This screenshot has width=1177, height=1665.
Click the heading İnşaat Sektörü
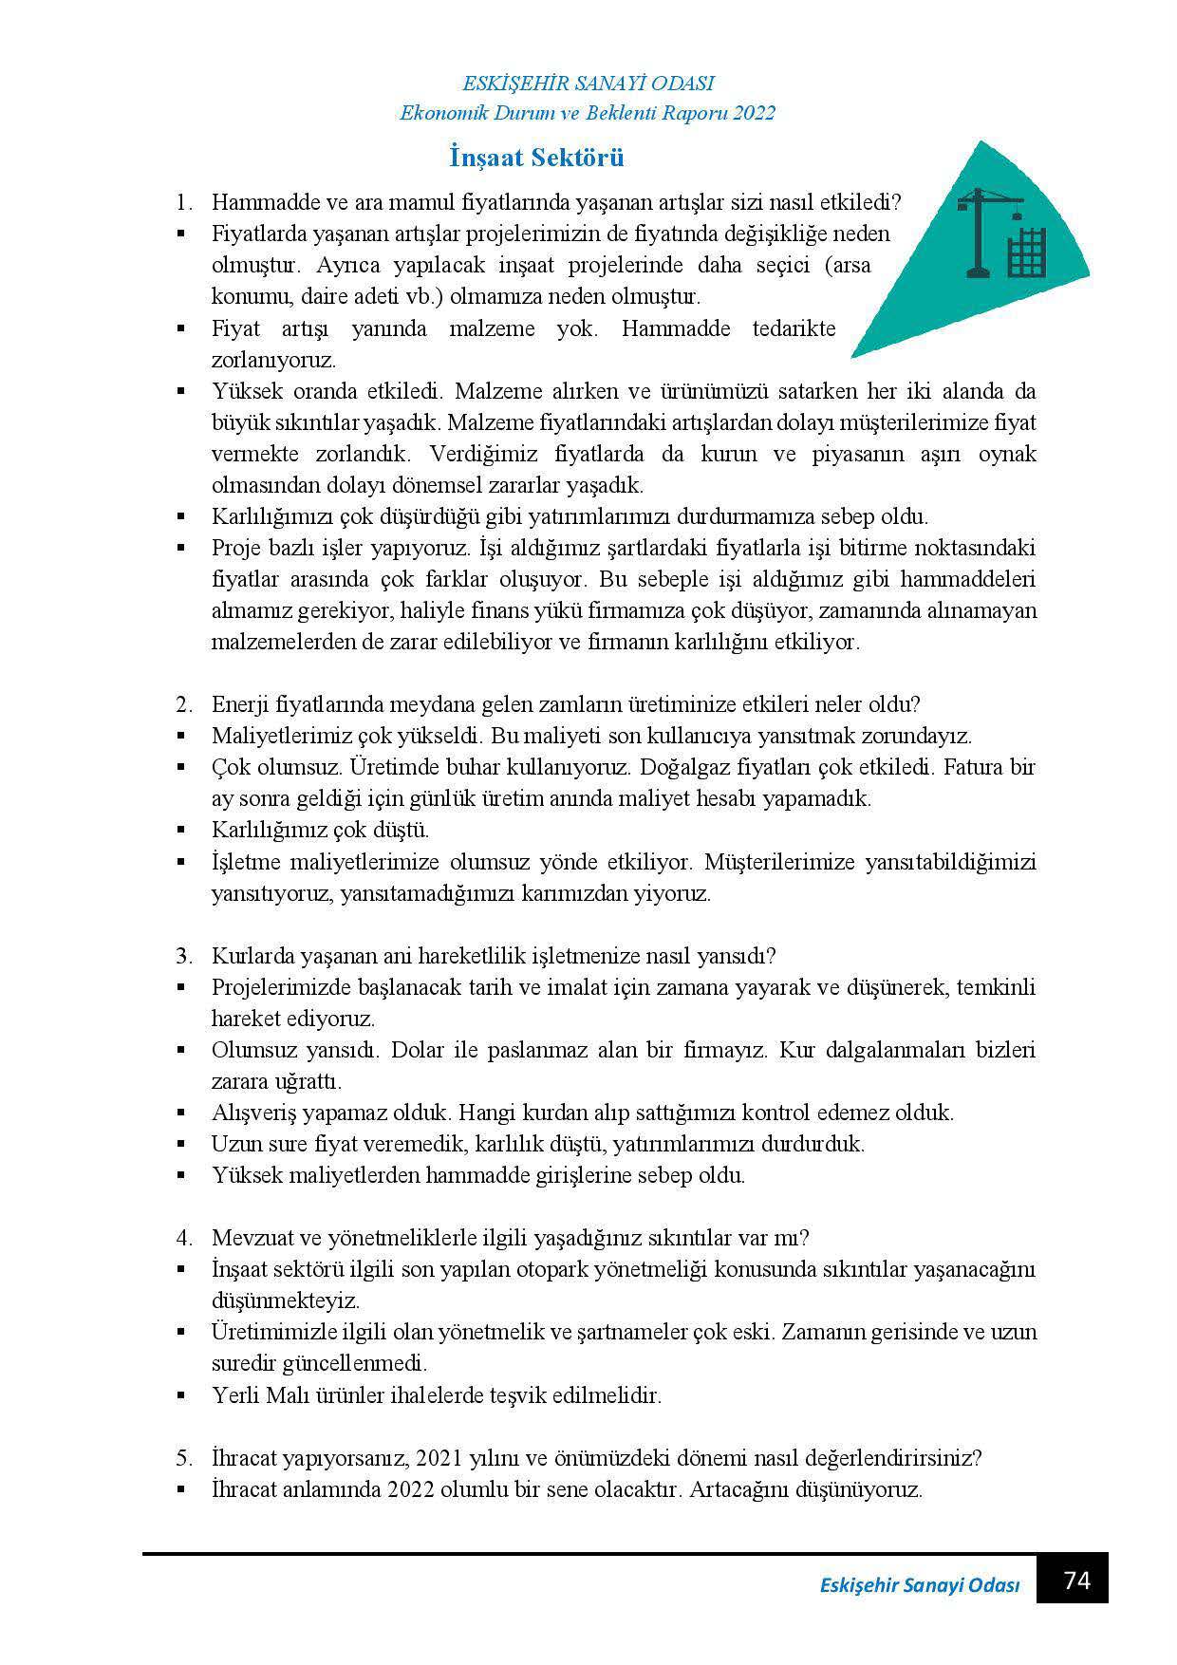(536, 158)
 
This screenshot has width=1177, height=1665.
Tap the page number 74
(1076, 1581)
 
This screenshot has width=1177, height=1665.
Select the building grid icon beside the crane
(1026, 252)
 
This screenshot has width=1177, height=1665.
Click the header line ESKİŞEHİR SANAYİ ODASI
(588, 84)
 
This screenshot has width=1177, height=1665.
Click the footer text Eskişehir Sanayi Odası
(919, 1586)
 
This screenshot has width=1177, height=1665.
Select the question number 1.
(182, 203)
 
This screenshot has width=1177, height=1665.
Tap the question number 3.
(182, 955)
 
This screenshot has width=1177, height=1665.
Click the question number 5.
(182, 1457)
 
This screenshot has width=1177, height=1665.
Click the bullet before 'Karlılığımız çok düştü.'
(181, 830)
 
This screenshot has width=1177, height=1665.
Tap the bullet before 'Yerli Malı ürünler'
(181, 1395)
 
